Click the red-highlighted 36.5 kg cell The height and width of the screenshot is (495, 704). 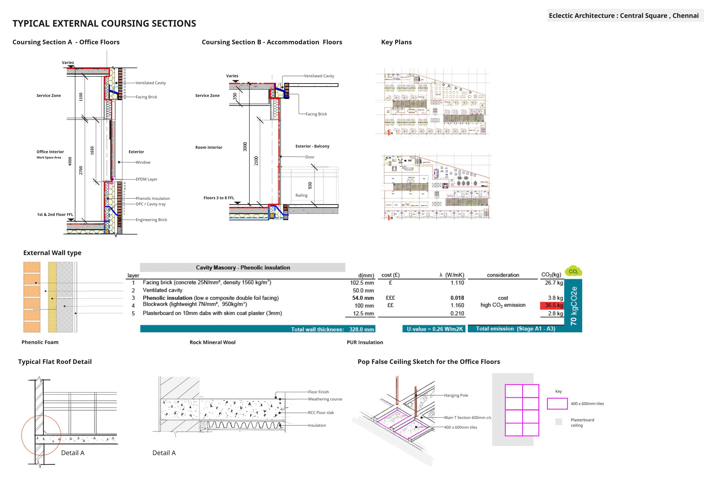click(552, 305)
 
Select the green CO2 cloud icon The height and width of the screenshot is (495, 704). click(573, 271)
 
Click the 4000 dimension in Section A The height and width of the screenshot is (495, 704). click(70, 161)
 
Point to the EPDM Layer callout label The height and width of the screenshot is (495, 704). click(147, 179)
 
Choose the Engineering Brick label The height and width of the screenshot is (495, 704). click(151, 220)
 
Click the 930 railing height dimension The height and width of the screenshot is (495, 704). click(310, 186)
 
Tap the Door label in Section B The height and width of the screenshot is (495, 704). click(310, 157)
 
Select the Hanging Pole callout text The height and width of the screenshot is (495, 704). click(456, 395)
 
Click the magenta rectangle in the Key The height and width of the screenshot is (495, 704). click(557, 404)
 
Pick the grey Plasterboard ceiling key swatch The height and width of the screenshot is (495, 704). click(559, 422)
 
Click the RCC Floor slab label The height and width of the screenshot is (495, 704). click(321, 413)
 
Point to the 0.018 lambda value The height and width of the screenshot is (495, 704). click(457, 298)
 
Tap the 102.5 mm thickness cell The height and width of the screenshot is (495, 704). click(362, 283)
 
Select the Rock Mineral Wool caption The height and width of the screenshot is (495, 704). click(212, 342)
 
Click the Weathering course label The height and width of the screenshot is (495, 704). click(325, 399)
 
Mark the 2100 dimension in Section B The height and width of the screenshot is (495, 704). click(256, 161)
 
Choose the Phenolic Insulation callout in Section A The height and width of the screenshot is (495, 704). click(153, 199)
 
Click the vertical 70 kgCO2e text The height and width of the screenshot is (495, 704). click(573, 306)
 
